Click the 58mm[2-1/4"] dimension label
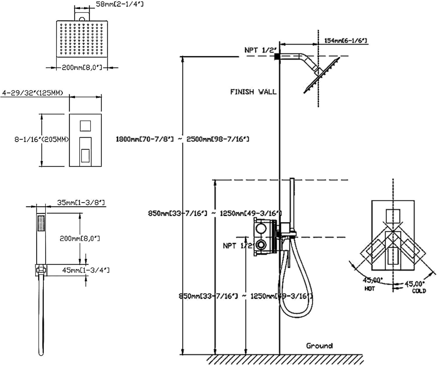click(119, 4)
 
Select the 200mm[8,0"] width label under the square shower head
click(82, 68)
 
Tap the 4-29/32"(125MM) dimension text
click(32, 93)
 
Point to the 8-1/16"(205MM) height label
click(41, 139)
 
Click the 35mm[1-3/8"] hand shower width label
click(81, 202)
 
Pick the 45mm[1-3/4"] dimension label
click(86, 270)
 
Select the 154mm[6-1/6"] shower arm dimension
click(345, 41)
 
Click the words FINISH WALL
click(253, 92)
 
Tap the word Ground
click(319, 346)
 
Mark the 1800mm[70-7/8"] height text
click(145, 139)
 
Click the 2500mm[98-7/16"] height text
click(218, 139)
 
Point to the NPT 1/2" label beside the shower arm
click(260, 50)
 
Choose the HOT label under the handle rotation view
click(369, 289)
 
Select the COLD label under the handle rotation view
click(419, 291)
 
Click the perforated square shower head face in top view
click(82, 39)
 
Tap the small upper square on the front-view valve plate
click(85, 126)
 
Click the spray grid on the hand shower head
click(41, 223)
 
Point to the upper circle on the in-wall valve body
click(261, 228)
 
